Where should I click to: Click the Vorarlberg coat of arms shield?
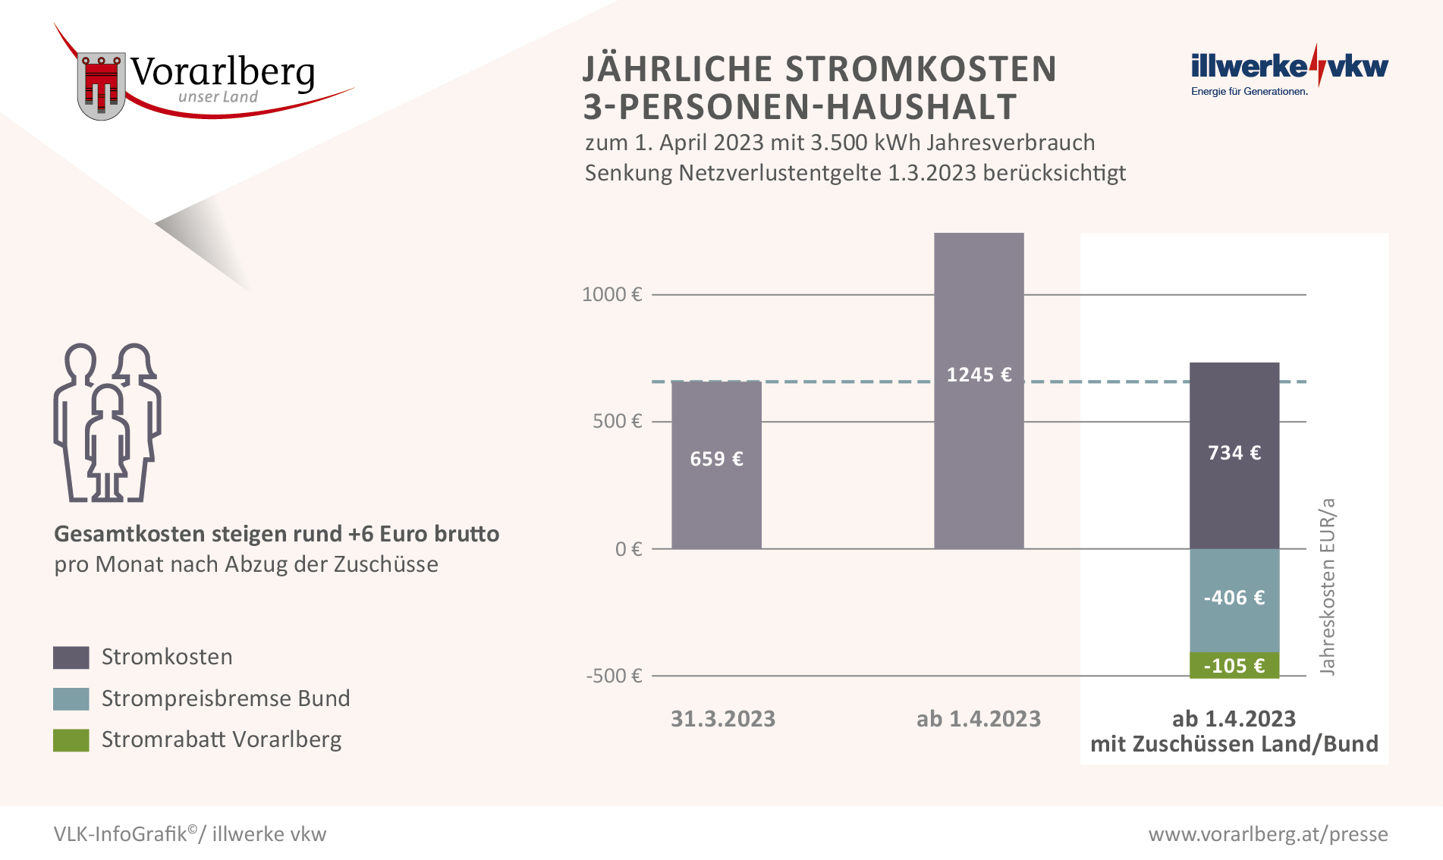(x=101, y=86)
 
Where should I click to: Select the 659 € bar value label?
(x=716, y=459)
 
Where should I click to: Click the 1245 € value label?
(x=979, y=375)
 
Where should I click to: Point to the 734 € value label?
(x=1234, y=453)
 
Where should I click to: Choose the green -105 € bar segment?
(x=1234, y=665)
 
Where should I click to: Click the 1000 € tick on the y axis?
(x=611, y=294)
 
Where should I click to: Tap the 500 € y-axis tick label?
(x=617, y=421)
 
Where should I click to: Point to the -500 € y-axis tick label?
(x=614, y=676)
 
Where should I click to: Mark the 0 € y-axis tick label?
(x=628, y=548)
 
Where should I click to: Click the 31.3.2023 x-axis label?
(x=722, y=718)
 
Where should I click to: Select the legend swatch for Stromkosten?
(x=71, y=658)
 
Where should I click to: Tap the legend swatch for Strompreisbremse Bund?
(x=71, y=698)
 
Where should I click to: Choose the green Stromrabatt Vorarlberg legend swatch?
(x=71, y=739)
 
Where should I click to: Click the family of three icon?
(x=107, y=423)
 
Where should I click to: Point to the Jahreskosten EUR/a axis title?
(x=1327, y=586)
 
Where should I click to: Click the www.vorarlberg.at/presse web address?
(x=1268, y=833)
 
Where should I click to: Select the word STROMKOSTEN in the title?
(x=920, y=69)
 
